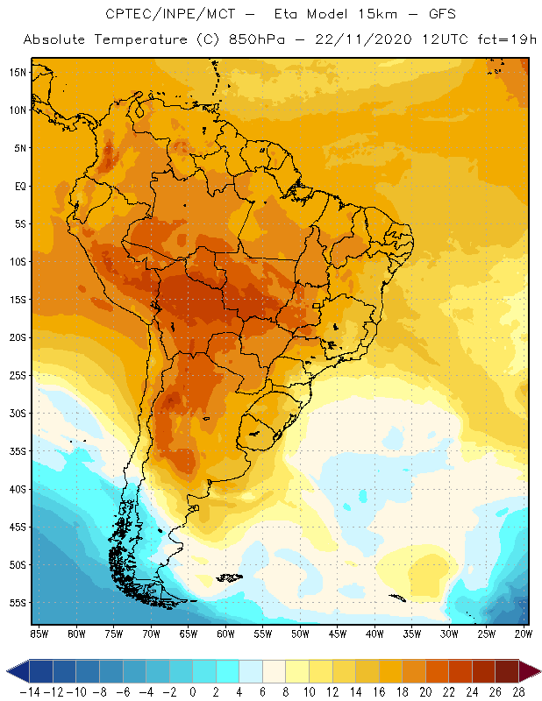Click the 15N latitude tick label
pyautogui.click(x=17, y=72)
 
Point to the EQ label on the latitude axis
pyautogui.click(x=18, y=186)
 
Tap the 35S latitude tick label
pyautogui.click(x=17, y=451)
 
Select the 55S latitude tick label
pyautogui.click(x=17, y=603)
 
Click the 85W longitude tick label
pyautogui.click(x=39, y=633)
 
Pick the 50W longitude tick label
pyautogui.click(x=301, y=633)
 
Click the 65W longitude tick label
pyautogui.click(x=189, y=633)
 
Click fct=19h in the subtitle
pyautogui.click(x=503, y=40)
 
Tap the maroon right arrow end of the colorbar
pyautogui.click(x=529, y=670)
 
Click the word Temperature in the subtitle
pyautogui.click(x=134, y=40)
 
